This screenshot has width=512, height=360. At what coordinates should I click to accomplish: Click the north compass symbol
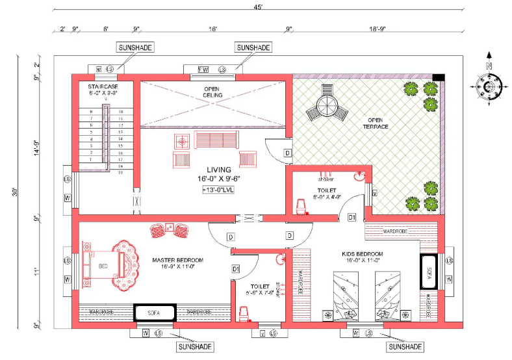tap(489, 84)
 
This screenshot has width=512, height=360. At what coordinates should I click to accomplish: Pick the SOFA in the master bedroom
tap(154, 313)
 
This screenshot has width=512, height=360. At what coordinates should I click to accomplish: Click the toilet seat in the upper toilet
tap(300, 206)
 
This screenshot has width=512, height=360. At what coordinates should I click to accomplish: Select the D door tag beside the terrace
tap(287, 153)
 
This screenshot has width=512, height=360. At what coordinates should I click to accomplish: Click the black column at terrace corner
tap(439, 78)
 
